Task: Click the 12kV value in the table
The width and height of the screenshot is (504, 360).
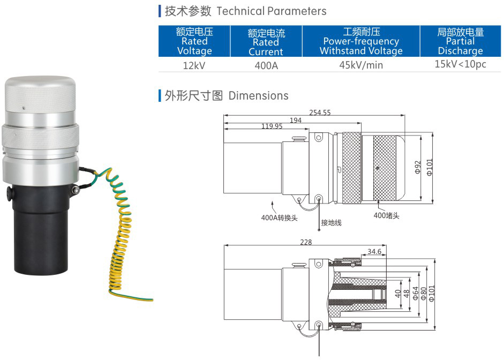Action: pyautogui.click(x=194, y=65)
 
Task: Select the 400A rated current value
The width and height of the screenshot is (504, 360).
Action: pyautogui.click(x=266, y=65)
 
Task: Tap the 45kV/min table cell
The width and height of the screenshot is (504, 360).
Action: pyautogui.click(x=360, y=65)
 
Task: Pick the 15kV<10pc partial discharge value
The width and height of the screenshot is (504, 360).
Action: pyautogui.click(x=460, y=64)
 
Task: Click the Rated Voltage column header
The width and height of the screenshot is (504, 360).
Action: pyautogui.click(x=194, y=41)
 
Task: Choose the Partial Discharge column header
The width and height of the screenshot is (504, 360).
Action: pyautogui.click(x=460, y=41)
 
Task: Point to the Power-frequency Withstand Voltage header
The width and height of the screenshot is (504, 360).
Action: pyautogui.click(x=360, y=41)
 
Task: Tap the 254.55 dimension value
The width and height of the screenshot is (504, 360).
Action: pyautogui.click(x=320, y=112)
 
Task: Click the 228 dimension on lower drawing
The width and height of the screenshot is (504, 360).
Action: pyautogui.click(x=305, y=243)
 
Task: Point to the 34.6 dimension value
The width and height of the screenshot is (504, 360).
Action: pyautogui.click(x=375, y=251)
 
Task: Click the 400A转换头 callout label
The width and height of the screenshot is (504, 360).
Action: pyautogui.click(x=279, y=217)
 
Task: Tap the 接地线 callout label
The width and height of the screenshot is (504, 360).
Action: pyautogui.click(x=331, y=222)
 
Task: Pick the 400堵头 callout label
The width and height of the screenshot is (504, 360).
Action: pyautogui.click(x=387, y=215)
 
